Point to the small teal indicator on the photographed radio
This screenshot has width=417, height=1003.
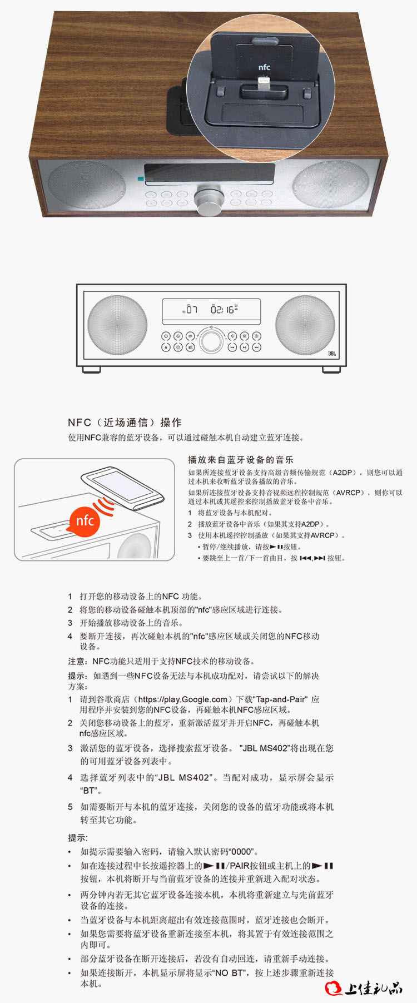[141, 179]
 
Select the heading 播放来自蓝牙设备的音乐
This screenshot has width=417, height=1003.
[241, 460]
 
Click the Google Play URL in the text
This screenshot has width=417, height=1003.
[182, 699]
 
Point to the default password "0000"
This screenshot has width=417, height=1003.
[242, 851]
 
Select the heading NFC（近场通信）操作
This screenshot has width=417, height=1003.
[125, 423]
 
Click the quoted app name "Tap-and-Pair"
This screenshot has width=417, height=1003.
[286, 699]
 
